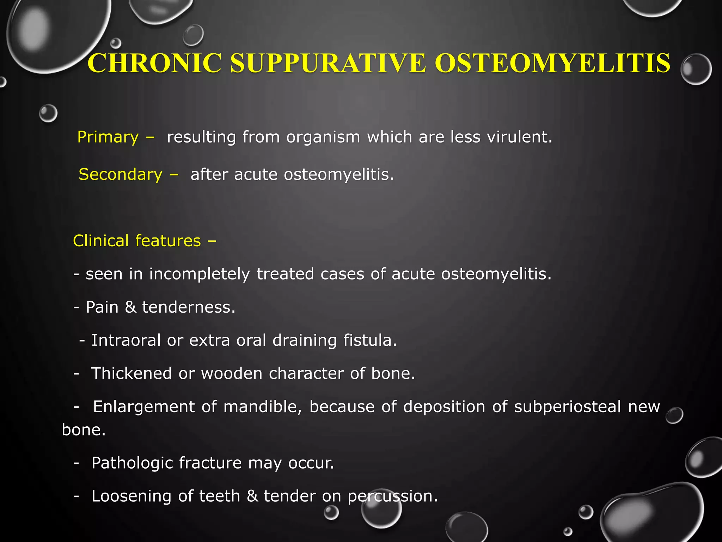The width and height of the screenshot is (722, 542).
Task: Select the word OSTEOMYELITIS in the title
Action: click(552, 63)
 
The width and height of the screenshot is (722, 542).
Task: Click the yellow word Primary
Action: click(108, 137)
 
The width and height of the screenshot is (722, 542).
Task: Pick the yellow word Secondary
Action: click(121, 174)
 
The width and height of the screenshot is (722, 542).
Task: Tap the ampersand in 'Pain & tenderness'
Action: click(130, 307)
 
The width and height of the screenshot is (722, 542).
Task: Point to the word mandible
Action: click(263, 406)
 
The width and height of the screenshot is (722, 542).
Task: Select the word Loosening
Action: click(131, 496)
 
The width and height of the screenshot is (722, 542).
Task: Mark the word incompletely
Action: click(200, 274)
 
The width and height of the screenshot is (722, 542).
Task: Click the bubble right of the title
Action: click(696, 69)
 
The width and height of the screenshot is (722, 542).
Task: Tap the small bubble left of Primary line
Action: click(48, 113)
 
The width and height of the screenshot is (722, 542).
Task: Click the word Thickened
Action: click(131, 373)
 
